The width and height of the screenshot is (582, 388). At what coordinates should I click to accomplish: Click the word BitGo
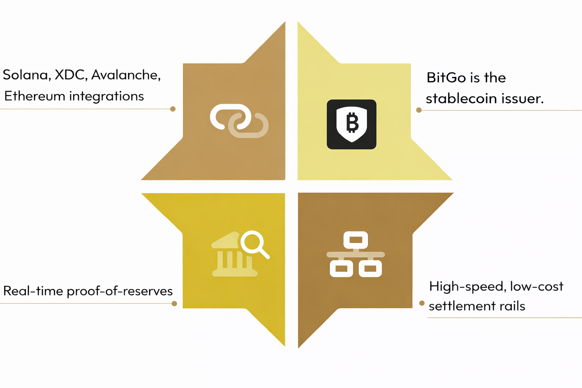(x=446, y=78)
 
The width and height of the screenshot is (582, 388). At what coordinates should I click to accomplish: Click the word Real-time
(x=33, y=291)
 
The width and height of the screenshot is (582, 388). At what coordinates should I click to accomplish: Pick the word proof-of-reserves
(x=120, y=291)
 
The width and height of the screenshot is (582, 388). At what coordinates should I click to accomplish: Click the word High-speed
(x=466, y=286)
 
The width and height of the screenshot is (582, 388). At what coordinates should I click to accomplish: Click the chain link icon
(x=239, y=121)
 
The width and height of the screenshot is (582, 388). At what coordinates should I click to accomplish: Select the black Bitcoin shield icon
(x=352, y=124)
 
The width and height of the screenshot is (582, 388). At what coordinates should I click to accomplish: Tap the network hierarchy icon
(x=355, y=254)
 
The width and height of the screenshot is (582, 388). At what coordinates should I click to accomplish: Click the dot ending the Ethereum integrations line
(x=173, y=109)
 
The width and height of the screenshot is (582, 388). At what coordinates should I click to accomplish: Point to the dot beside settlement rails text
(x=422, y=303)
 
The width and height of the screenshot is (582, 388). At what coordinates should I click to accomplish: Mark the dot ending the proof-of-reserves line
(x=174, y=304)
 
